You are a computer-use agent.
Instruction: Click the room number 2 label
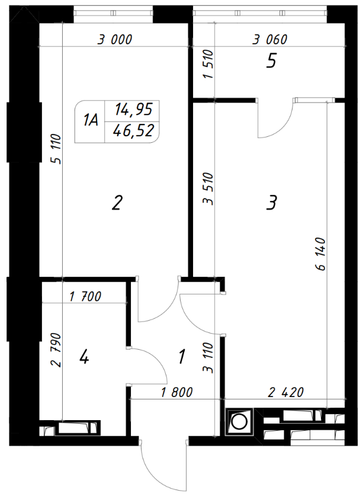(x=117, y=203)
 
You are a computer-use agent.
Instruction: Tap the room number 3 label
(x=272, y=203)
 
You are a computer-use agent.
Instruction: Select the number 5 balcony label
(x=271, y=60)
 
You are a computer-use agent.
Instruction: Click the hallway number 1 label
(x=182, y=356)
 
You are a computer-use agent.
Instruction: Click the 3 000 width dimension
(x=114, y=40)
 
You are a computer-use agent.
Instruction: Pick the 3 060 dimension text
(x=269, y=40)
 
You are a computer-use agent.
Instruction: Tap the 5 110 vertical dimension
(x=57, y=149)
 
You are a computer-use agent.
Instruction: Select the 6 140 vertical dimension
(x=322, y=254)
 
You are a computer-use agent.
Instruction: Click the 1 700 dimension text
(x=85, y=296)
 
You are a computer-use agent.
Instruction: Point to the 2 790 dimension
(x=56, y=350)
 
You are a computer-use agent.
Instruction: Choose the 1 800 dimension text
(x=177, y=392)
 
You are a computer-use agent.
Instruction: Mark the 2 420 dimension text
(x=286, y=392)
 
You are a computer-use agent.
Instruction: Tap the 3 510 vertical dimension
(x=208, y=189)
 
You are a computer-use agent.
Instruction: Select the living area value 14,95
(x=134, y=110)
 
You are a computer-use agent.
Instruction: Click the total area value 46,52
(x=134, y=130)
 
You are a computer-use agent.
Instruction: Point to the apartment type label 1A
(x=91, y=121)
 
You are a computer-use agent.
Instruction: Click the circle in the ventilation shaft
(x=239, y=422)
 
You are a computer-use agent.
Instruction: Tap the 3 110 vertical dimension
(x=208, y=357)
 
